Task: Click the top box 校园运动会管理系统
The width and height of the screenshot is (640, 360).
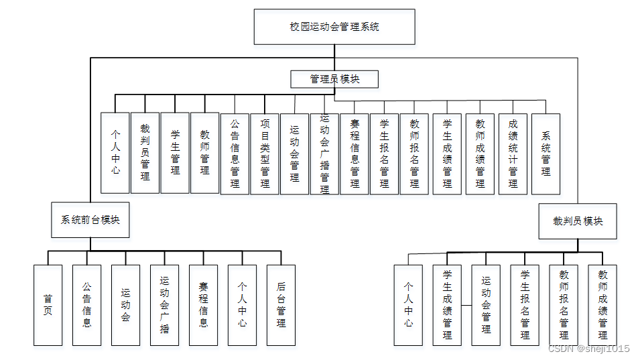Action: tap(334, 27)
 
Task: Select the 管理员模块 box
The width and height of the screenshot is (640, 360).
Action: tap(334, 79)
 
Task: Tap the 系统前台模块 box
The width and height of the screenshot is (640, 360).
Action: tap(90, 220)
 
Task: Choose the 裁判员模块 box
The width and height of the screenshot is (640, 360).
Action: tap(578, 221)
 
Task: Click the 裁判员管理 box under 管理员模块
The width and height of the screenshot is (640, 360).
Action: tap(145, 153)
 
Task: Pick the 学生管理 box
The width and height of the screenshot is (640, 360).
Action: tap(175, 153)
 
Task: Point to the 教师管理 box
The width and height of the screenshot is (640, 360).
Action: tap(205, 153)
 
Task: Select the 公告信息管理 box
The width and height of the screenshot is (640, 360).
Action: tap(235, 154)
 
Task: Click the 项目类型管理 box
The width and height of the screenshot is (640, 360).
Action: tap(265, 154)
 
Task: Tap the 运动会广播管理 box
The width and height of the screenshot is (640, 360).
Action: tap(324, 154)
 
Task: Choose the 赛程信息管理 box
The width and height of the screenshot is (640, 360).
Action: tap(355, 154)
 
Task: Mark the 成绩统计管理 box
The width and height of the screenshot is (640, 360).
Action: tap(513, 154)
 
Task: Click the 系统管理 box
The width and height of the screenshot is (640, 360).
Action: tap(546, 154)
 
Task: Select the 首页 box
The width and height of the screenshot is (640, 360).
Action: tap(48, 305)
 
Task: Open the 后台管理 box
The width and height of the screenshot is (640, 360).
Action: tap(281, 305)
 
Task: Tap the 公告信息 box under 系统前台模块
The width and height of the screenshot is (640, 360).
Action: tap(86, 305)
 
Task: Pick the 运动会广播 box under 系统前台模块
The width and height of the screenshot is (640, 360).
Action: tap(164, 305)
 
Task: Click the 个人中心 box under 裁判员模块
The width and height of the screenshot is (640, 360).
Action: tap(408, 305)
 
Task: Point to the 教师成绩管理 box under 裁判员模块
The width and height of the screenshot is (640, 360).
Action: tap(602, 305)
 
